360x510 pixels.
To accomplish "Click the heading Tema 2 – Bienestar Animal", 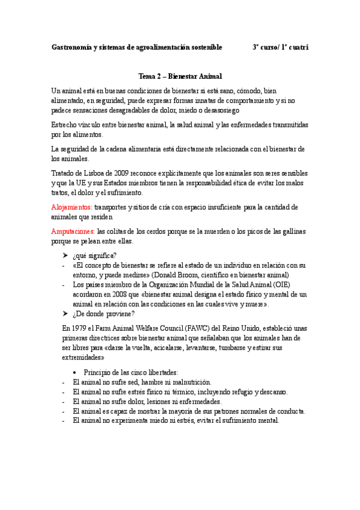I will pos(180,76).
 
